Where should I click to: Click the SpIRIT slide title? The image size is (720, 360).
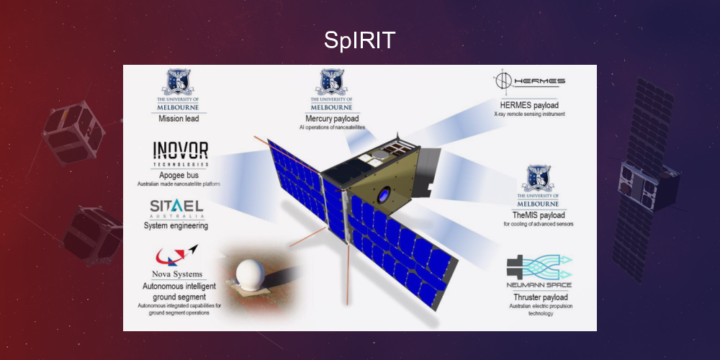pyautogui.click(x=359, y=40)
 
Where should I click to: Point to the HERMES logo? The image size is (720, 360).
pyautogui.click(x=529, y=81)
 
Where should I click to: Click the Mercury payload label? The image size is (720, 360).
pyautogui.click(x=332, y=118)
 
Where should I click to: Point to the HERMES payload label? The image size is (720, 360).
pyautogui.click(x=528, y=105)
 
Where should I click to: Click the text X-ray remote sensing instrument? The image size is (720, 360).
pyautogui.click(x=529, y=114)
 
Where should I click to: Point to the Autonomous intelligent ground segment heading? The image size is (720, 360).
pyautogui.click(x=175, y=291)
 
